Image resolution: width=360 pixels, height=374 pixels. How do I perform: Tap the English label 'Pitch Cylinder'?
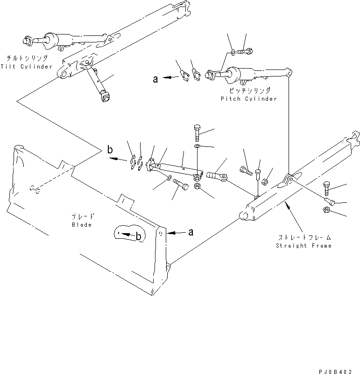[x=249, y=99]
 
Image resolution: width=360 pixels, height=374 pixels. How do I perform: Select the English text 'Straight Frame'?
[x=304, y=246]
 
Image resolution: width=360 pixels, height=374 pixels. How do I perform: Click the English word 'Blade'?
[x=82, y=224]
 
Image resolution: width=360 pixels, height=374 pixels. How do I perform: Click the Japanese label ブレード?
[x=83, y=216]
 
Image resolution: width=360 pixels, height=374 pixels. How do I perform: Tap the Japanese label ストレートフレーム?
[x=304, y=238]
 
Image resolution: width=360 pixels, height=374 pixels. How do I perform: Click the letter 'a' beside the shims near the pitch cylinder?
[x=155, y=80]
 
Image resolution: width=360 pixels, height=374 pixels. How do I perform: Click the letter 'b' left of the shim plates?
[x=110, y=150]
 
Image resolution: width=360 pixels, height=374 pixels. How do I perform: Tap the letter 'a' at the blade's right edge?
[x=191, y=231]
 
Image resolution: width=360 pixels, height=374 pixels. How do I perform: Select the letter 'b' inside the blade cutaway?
[x=139, y=236]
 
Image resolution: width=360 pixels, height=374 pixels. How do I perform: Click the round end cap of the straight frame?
[x=244, y=215]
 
